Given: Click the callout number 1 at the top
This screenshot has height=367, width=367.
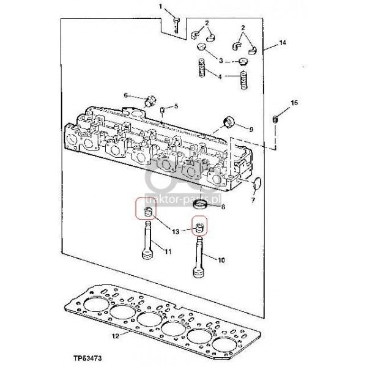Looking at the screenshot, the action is [160, 6].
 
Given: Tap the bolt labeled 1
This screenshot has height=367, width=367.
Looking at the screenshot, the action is [176, 25].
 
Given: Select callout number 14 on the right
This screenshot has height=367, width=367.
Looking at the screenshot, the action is [283, 43].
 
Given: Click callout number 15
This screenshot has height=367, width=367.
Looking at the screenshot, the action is [294, 103].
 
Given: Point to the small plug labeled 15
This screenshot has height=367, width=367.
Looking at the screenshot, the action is [275, 119].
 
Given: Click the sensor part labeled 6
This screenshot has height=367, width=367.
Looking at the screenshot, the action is [150, 102].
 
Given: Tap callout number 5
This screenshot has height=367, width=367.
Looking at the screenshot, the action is [176, 106].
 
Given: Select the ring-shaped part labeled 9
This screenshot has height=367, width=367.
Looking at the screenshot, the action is [229, 122].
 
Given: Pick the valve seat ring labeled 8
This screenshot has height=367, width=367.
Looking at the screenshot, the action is [201, 204].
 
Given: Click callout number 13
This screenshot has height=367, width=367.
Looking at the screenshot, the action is [176, 232].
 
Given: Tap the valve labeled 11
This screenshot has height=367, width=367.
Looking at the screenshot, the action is [147, 240].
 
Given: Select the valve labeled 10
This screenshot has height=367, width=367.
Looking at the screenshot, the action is [199, 257].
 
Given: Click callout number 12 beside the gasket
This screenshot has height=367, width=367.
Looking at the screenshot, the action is [116, 336].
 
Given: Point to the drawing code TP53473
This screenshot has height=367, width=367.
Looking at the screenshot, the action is [87, 358].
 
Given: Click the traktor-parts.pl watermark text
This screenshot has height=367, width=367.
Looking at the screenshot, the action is [183, 200].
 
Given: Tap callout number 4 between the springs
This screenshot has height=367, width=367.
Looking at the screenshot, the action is [220, 76].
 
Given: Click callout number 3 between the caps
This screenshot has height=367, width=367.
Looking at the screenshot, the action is [221, 61].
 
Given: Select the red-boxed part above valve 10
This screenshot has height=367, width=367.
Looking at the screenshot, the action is [199, 228].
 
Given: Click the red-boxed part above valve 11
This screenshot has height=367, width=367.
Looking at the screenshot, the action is [148, 212].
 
